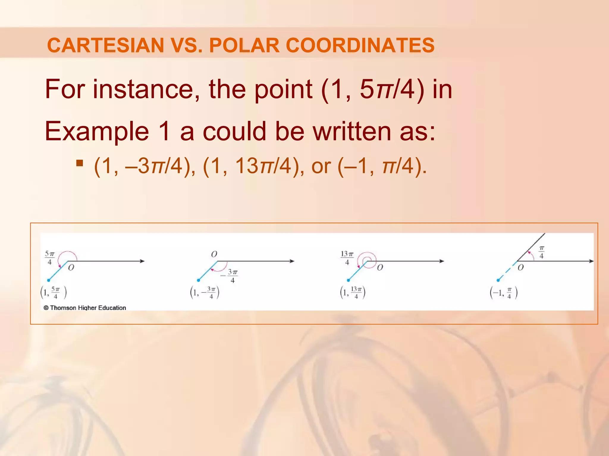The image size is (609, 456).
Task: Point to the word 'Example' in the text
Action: [x=97, y=131]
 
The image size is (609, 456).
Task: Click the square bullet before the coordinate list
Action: [x=79, y=163]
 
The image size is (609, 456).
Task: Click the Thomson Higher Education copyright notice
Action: [x=85, y=308]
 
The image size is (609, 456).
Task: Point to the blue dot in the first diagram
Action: [x=48, y=280]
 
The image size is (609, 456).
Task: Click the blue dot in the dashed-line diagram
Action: [x=498, y=280]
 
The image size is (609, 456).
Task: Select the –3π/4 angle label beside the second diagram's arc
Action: [x=230, y=276]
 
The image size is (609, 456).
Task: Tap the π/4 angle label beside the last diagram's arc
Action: [x=541, y=252]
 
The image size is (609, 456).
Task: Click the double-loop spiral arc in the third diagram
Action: [x=368, y=260]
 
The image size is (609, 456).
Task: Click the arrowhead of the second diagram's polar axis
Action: [x=292, y=261]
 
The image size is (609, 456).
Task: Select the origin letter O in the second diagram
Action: [x=214, y=254]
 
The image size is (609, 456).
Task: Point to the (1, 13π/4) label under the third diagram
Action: [x=353, y=293]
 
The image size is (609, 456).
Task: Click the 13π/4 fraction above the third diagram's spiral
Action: [x=347, y=258]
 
